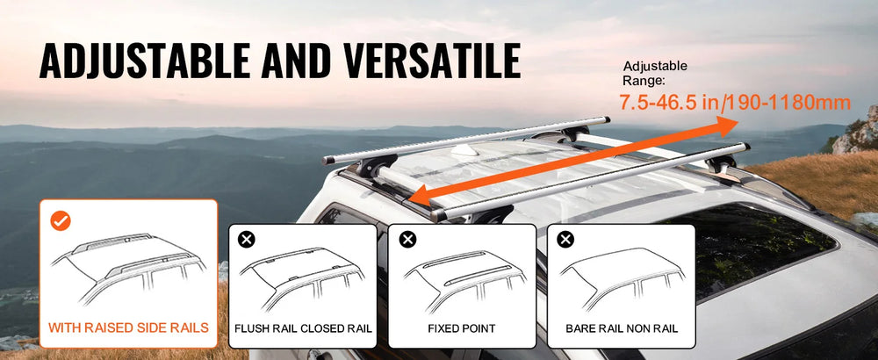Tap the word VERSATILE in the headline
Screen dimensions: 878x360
tap(432, 60)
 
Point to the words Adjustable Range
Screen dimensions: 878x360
tap(655, 74)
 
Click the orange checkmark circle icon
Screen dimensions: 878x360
tap(61, 221)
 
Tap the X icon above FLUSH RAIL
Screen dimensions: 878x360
tap(247, 240)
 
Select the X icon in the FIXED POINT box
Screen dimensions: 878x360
tap(407, 240)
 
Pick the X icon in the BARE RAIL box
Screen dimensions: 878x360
tap(566, 240)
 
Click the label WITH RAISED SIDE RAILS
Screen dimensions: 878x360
tap(128, 328)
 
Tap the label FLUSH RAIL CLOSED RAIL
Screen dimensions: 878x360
tap(303, 328)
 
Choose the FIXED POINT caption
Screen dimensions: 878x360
tap(462, 328)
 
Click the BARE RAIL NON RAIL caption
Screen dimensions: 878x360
tap(622, 328)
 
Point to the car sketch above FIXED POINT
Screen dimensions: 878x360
tap(464, 280)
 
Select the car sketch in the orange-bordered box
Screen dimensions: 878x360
tap(128, 268)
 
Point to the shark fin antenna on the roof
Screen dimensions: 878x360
tap(464, 149)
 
